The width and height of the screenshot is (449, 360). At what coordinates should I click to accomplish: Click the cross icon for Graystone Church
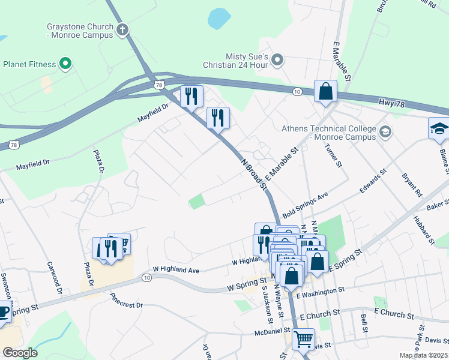pos(122,29)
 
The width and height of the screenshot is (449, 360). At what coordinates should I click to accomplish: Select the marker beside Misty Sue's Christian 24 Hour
pos(277,59)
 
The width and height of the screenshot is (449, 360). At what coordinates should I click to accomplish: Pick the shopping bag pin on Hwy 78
pos(325,92)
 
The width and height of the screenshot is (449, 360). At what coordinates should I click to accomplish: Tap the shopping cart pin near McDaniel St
pos(303,339)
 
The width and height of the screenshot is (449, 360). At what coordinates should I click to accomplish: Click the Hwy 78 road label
pos(393,103)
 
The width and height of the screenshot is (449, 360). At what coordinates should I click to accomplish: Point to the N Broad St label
pos(254,173)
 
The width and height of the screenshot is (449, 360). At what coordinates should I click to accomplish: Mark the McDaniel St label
pos(271,330)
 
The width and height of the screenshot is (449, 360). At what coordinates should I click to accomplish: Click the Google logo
pos(20,352)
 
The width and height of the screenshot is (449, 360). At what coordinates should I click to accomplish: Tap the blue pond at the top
pos(219,18)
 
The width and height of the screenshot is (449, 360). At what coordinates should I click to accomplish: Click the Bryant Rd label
pos(412,185)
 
